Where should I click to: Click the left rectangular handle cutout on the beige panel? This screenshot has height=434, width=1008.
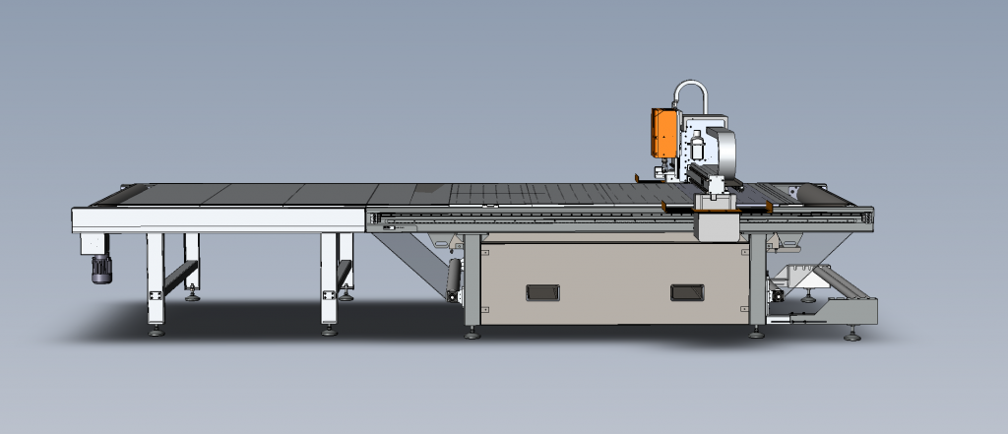point(541,292)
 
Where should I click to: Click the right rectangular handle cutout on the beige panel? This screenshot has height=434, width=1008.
point(686,292)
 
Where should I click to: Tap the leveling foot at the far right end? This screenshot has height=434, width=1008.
point(852,337)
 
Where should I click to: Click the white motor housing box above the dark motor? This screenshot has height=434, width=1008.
point(95,243)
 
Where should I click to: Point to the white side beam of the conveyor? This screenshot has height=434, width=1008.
point(217,219)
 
